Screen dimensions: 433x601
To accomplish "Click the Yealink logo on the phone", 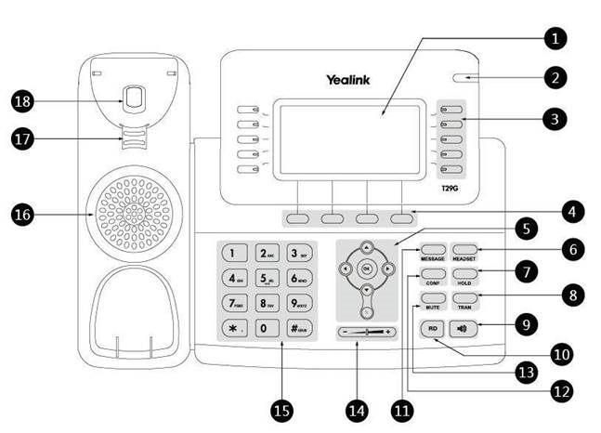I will [349, 80].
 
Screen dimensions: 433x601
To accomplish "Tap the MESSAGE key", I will [433, 249].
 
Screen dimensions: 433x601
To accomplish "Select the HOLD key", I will [464, 274].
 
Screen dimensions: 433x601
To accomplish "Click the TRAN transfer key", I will [464, 299].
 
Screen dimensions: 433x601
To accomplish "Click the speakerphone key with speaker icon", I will [464, 328].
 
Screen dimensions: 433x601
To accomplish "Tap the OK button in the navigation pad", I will [366, 269].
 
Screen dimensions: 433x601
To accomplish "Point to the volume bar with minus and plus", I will [366, 331].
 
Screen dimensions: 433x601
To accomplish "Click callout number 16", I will [24, 215].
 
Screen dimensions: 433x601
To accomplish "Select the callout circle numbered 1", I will [555, 38].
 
